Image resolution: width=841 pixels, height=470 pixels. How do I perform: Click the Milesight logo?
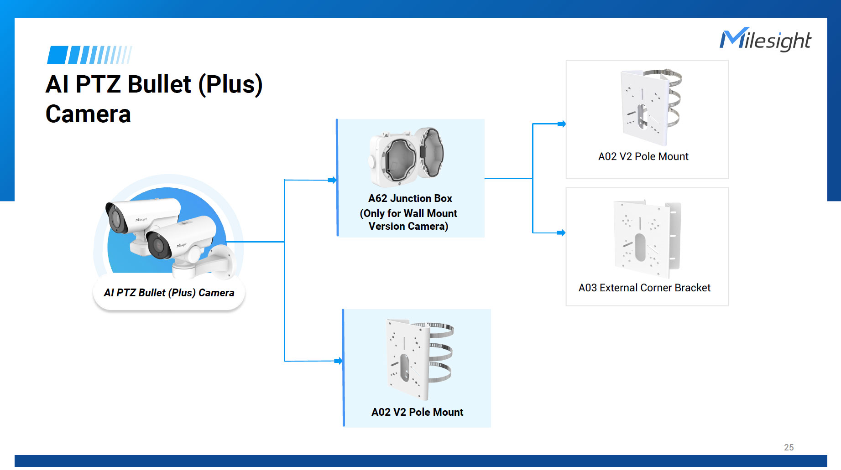click(x=765, y=40)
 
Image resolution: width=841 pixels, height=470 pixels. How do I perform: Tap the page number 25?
click(x=789, y=447)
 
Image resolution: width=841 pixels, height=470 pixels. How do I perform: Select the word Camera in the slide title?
click(x=88, y=114)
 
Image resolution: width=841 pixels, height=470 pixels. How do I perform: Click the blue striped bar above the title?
click(x=89, y=55)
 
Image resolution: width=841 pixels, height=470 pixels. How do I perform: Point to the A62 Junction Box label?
click(x=409, y=199)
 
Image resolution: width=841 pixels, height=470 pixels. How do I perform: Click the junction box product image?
click(x=407, y=156)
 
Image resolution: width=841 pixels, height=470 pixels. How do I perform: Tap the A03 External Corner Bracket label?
click(x=644, y=288)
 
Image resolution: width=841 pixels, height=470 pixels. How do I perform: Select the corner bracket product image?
click(x=647, y=238)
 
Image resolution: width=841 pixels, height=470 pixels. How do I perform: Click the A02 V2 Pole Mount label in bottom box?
click(x=417, y=412)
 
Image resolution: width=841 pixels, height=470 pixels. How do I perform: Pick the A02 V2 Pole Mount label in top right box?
click(x=643, y=156)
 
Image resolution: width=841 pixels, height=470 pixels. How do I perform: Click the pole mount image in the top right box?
click(x=650, y=106)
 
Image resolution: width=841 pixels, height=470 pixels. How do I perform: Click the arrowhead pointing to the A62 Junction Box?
click(x=333, y=180)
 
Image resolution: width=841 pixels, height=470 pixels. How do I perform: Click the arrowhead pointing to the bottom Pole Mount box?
click(x=339, y=361)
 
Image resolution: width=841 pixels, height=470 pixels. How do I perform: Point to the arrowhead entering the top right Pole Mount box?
click(x=562, y=124)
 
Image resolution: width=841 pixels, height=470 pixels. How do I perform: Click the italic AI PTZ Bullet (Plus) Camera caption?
click(x=169, y=293)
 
